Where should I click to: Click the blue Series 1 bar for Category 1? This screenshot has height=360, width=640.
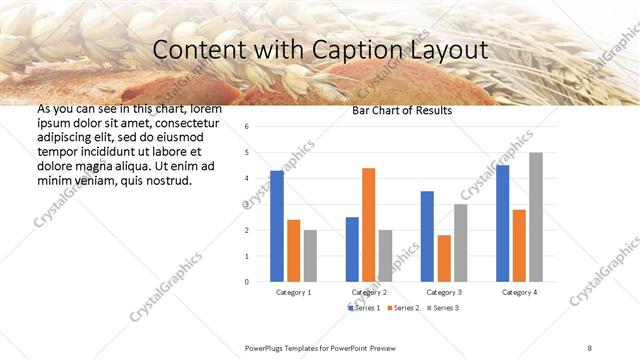click(x=277, y=226)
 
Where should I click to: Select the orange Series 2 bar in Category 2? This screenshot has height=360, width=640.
click(x=368, y=225)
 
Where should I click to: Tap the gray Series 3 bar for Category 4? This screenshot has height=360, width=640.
click(x=536, y=217)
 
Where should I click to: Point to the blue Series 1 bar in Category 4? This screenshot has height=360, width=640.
click(x=502, y=223)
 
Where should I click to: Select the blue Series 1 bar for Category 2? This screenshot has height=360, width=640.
click(x=352, y=249)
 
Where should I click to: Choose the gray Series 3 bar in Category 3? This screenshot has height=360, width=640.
click(x=460, y=243)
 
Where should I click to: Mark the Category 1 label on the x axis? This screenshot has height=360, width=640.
click(x=293, y=292)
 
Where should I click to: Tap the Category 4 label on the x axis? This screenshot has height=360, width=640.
click(x=519, y=292)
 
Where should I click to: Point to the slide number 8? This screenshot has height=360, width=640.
click(x=590, y=347)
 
